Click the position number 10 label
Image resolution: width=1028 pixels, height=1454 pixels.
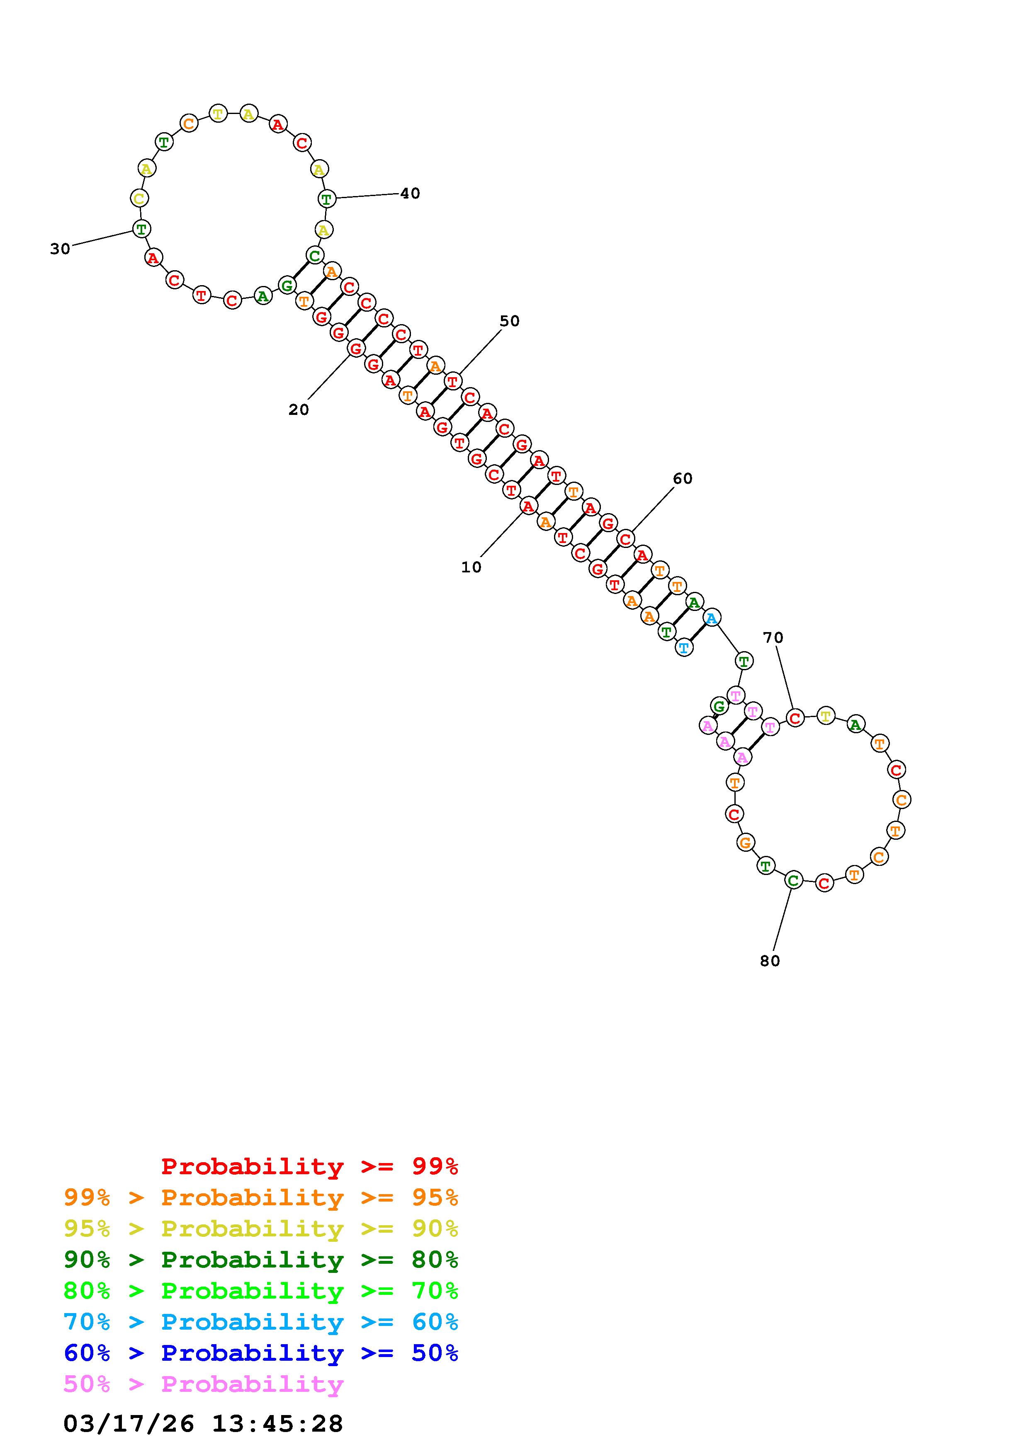tap(471, 567)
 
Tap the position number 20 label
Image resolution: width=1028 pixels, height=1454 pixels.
tap(298, 410)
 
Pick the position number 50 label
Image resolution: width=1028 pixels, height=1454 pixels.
tap(509, 321)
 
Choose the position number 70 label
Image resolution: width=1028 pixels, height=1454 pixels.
tap(773, 638)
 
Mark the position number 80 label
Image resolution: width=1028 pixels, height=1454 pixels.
tap(770, 961)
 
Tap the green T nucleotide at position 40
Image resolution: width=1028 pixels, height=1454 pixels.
tap(326, 199)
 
